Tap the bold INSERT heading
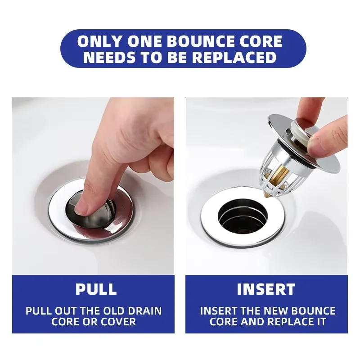(x=266, y=289)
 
